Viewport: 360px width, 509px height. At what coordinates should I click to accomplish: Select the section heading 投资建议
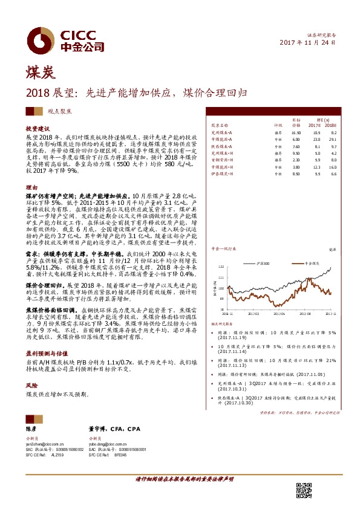pos(36,130)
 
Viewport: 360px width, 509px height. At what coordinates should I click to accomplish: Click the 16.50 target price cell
pos(296,132)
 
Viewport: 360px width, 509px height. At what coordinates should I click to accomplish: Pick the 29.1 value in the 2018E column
pos(333,140)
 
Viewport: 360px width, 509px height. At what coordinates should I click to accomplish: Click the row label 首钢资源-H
pos(223,160)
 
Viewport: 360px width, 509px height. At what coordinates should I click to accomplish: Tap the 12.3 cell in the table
pos(315,167)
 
